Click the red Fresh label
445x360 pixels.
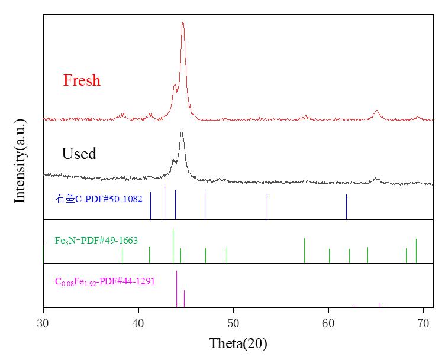82,80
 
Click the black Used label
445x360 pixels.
79,154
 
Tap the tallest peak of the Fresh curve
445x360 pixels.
183,24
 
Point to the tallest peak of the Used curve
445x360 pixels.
182,132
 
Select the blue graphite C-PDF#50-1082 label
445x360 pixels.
99,199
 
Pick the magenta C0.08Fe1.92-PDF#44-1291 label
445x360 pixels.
105,281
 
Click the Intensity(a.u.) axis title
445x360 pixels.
20,161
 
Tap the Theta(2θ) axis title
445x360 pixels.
234,343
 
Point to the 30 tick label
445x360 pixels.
43,323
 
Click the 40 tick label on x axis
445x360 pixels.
138,323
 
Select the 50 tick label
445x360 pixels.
233,323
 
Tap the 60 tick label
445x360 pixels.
328,323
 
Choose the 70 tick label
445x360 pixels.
423,323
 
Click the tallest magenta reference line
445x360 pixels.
177,288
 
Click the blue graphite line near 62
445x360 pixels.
346,207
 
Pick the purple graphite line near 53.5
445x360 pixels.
267,207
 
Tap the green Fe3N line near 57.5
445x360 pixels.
304,251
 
